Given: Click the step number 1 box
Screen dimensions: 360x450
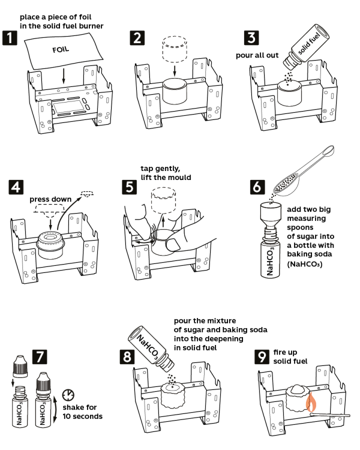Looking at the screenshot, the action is click(x=10, y=38).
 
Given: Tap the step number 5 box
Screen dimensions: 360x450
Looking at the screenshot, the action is click(x=129, y=187).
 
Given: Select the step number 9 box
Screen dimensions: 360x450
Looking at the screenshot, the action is click(x=262, y=357).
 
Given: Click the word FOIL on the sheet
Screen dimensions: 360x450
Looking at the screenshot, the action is click(x=61, y=50).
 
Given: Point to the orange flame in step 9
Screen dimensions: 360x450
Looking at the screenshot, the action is click(x=311, y=402).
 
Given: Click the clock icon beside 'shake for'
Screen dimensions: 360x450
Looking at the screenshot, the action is click(x=68, y=395).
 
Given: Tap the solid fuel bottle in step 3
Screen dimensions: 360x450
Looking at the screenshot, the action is click(x=306, y=47).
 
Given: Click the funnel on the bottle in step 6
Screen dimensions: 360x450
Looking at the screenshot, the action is click(x=271, y=213).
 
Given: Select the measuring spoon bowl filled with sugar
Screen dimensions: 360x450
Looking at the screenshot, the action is click(x=285, y=185).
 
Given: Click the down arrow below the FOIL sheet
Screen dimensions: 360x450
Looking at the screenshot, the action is click(x=64, y=77).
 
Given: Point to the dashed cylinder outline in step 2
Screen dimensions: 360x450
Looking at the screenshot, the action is click(x=175, y=49).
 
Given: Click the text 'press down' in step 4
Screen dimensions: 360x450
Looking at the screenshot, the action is click(x=50, y=199).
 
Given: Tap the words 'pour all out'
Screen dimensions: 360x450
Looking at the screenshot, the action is click(x=257, y=55).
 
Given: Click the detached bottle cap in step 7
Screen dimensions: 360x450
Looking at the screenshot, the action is click(x=20, y=366).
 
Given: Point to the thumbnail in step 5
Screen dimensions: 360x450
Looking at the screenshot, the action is click(x=173, y=245).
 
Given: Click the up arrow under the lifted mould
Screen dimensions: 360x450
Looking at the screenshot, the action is click(x=163, y=222).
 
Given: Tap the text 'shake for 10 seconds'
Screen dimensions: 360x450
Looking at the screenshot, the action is click(x=82, y=412).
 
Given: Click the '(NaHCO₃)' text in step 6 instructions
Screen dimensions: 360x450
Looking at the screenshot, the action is click(x=305, y=264).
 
